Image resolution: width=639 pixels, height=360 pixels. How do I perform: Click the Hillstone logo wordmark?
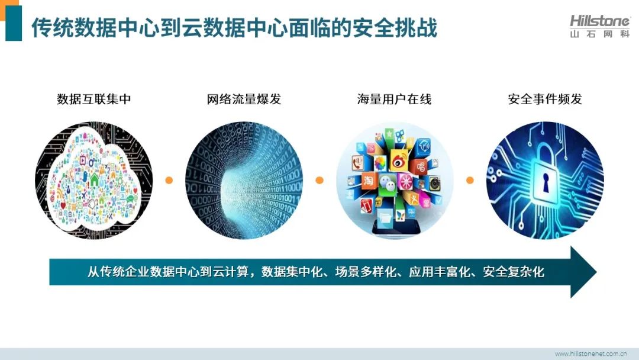pyautogui.click(x=599, y=21)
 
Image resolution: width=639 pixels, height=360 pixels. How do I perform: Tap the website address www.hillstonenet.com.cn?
pyautogui.click(x=590, y=353)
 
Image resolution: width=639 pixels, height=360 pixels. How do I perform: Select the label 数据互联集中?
pyautogui.click(x=94, y=99)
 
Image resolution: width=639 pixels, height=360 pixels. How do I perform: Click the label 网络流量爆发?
pyautogui.click(x=244, y=99)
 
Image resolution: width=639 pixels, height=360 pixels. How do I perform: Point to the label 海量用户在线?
pyautogui.click(x=395, y=99)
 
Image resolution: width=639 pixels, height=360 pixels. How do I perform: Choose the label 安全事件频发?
pyautogui.click(x=545, y=99)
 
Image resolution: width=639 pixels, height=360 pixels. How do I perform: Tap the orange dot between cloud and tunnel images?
pyautogui.click(x=169, y=180)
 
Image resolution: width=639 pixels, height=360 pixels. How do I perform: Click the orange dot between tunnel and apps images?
pyautogui.click(x=319, y=180)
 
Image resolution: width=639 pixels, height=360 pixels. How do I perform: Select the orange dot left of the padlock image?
pyautogui.click(x=470, y=180)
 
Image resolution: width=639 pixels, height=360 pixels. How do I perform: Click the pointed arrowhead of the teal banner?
pyautogui.click(x=583, y=272)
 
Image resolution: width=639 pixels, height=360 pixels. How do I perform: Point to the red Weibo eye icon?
pyautogui.click(x=399, y=160)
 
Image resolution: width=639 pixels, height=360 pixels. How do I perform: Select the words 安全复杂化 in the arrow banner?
pyautogui.click(x=514, y=272)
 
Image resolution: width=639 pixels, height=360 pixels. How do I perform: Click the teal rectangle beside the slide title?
pyautogui.click(x=14, y=23)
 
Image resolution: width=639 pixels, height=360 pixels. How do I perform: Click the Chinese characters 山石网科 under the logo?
pyautogui.click(x=600, y=34)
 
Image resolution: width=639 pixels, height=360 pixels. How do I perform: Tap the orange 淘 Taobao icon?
pyautogui.click(x=368, y=181)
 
